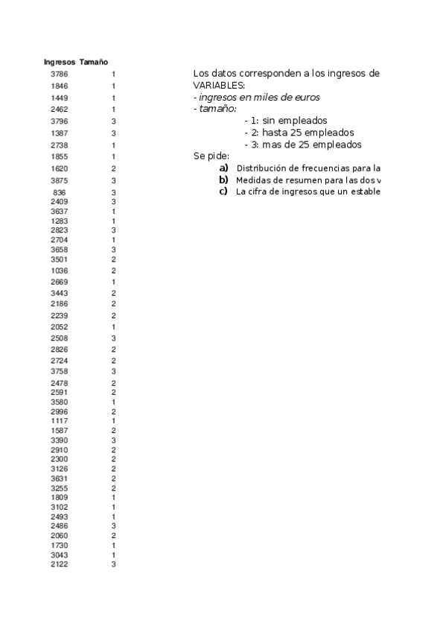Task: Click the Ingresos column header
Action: pyautogui.click(x=60, y=62)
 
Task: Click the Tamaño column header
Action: pyautogui.click(x=94, y=62)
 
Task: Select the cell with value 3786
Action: pyautogui.click(x=60, y=74)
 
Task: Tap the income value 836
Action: pyautogui.click(x=60, y=192)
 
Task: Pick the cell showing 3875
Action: pyautogui.click(x=60, y=180)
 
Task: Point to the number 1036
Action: pyautogui.click(x=60, y=271)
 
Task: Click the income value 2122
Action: pyautogui.click(x=60, y=565)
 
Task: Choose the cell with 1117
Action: pyautogui.click(x=60, y=421)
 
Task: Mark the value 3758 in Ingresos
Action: pyautogui.click(x=60, y=370)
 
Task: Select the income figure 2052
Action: pyautogui.click(x=60, y=327)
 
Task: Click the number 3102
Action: pyautogui.click(x=60, y=507)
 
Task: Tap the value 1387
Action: pyautogui.click(x=60, y=133)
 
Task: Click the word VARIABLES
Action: pyautogui.click(x=213, y=86)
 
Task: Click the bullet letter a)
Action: pyautogui.click(x=223, y=168)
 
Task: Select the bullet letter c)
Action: pyautogui.click(x=223, y=192)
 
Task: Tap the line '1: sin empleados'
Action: pyautogui.click(x=285, y=121)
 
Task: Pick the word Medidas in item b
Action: pyautogui.click(x=252, y=180)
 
